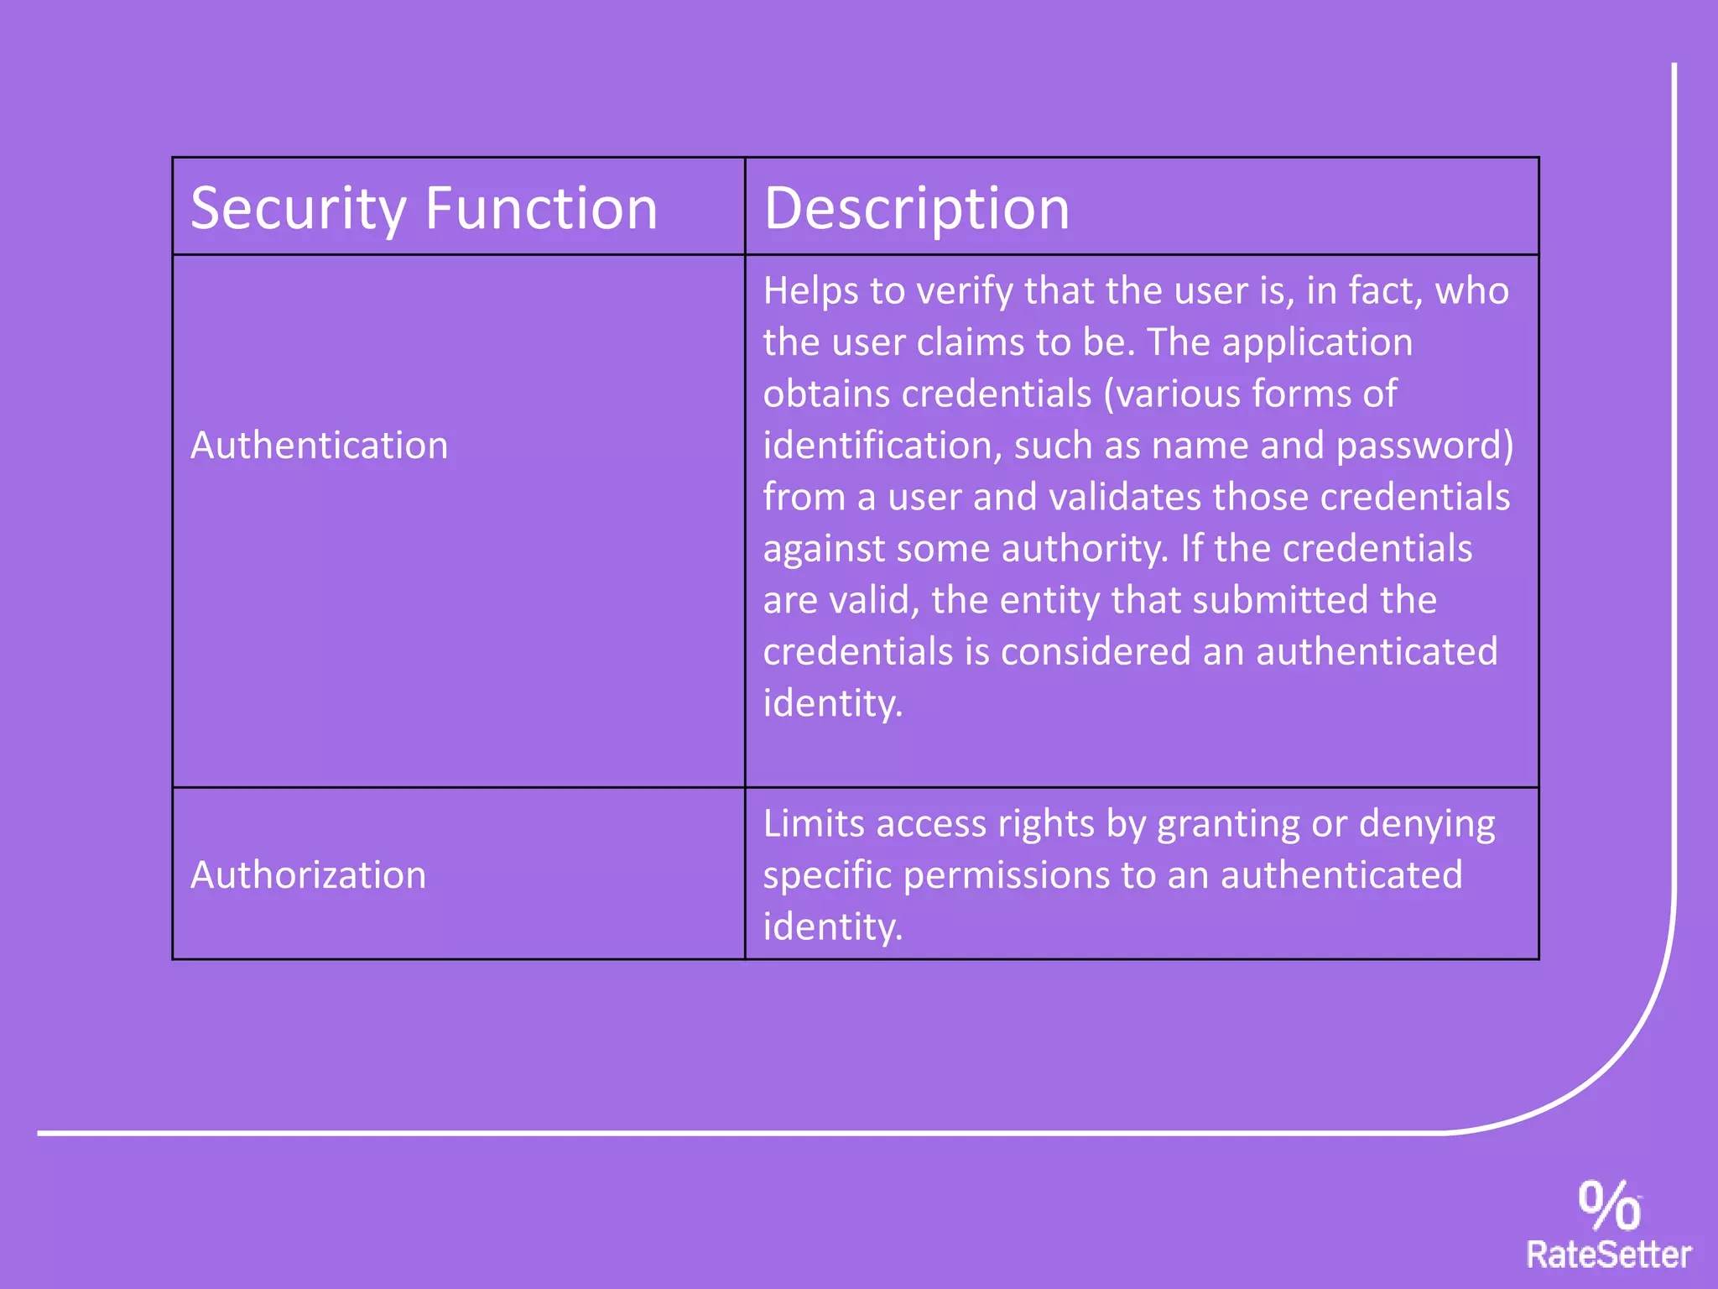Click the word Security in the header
pos(298,209)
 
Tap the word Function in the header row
pos(541,209)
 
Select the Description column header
pos(916,209)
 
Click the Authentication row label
pos(319,445)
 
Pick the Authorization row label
pos(308,875)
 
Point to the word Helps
pos(810,291)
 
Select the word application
pos(1317,342)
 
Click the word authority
pos(1084,549)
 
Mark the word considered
pos(1096,652)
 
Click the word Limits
pos(814,824)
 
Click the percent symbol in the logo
pos(1609,1205)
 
